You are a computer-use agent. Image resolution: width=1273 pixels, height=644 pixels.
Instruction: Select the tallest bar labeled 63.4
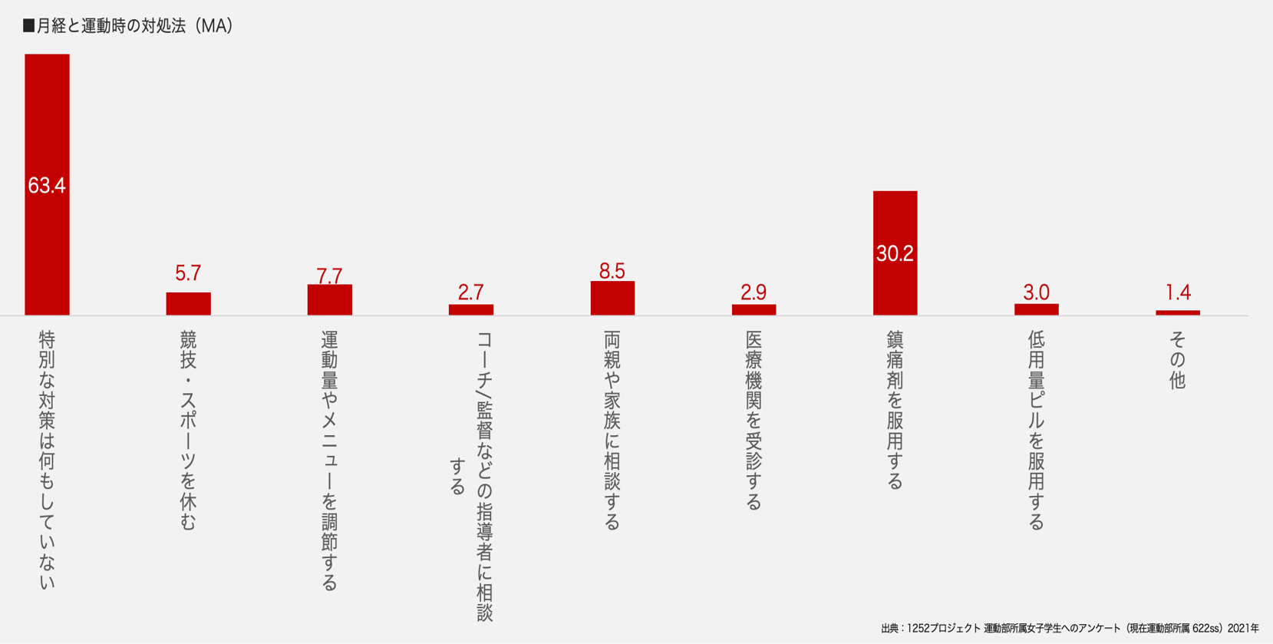pos(47,184)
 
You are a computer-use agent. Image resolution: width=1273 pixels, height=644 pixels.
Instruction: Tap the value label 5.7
pos(188,273)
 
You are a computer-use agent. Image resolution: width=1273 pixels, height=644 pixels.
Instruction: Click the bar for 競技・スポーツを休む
pos(188,304)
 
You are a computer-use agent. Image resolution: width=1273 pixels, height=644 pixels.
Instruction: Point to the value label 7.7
pos(329,275)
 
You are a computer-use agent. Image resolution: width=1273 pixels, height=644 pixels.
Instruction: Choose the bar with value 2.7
pos(470,310)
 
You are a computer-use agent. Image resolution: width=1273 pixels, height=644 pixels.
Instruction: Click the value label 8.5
pos(612,271)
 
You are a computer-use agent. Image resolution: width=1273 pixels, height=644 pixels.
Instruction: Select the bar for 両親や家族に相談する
pos(612,299)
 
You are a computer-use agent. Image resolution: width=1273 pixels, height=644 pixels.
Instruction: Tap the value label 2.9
pos(754,292)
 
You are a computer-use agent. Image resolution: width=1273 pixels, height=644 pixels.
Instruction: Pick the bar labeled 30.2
pos(895,253)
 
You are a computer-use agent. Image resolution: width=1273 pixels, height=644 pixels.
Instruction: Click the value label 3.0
pos(1036,292)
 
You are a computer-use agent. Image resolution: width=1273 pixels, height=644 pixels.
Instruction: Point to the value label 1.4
pos(1178,292)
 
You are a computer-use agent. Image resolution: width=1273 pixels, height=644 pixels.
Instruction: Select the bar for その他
pos(1178,312)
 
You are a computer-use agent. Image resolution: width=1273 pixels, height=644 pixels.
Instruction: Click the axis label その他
pos(1178,360)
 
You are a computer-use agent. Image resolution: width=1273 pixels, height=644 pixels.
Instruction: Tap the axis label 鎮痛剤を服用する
pos(895,410)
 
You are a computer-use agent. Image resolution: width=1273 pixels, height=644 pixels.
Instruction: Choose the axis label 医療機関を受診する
pos(754,420)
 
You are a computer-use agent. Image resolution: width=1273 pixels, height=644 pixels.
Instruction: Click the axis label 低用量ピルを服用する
pos(1036,430)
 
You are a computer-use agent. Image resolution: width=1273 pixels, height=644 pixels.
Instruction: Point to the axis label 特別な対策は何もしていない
pos(47,461)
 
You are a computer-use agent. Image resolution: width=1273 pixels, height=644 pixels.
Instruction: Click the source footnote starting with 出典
pos(1070,628)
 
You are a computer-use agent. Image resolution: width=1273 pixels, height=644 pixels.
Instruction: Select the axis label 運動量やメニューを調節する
pos(329,461)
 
